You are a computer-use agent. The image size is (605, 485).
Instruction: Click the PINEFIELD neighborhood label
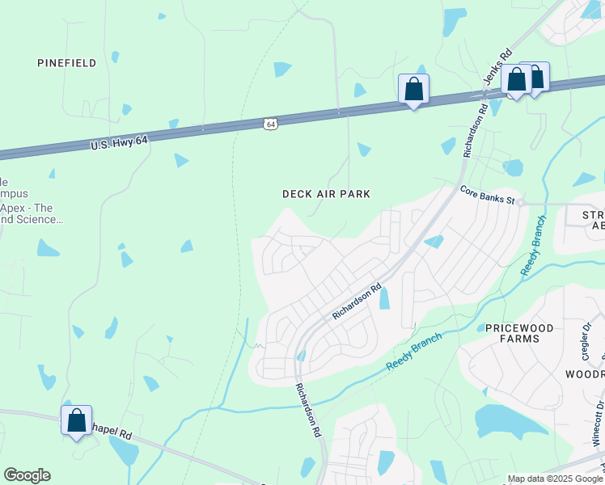67,63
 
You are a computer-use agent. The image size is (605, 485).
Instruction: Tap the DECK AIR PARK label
326,194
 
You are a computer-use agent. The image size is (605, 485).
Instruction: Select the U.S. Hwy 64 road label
120,143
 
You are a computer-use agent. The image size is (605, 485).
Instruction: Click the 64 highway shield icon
271,124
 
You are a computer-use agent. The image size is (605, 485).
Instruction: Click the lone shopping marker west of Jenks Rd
413,89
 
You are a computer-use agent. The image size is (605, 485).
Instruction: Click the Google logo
27,475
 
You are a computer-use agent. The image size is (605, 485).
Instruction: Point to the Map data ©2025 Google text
555,479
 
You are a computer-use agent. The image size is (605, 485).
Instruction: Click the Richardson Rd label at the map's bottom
307,410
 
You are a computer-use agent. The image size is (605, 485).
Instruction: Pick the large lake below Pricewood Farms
501,420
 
